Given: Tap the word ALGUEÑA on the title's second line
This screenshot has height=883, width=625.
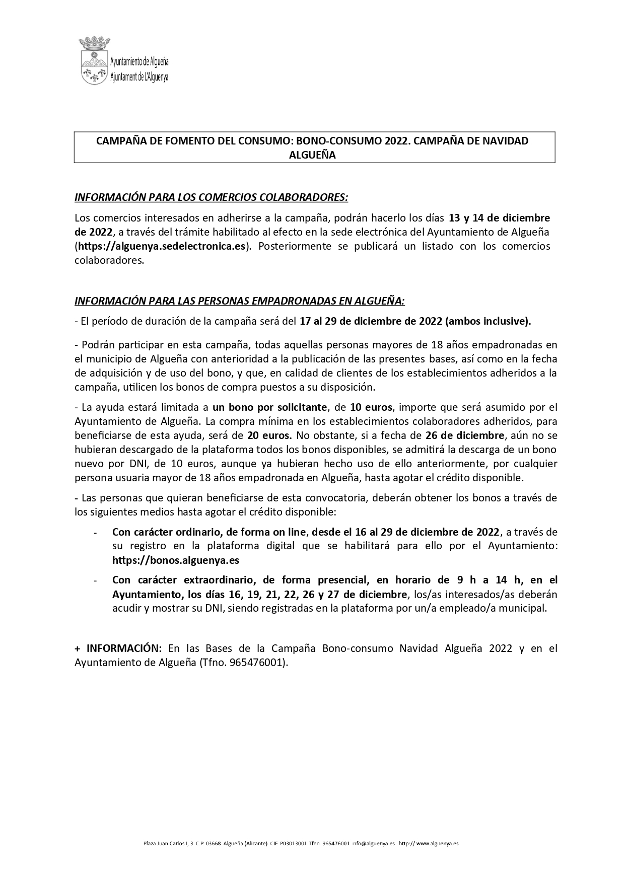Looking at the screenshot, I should [x=312, y=155].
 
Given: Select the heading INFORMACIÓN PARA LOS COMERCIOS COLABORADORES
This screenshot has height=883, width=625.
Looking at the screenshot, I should [x=211, y=197].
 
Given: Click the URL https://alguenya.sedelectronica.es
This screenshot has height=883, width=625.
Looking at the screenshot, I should [x=161, y=246].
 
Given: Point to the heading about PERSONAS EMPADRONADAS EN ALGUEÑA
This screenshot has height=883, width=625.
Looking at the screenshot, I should [x=240, y=301].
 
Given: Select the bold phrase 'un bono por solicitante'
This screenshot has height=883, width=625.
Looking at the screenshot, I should [x=270, y=407].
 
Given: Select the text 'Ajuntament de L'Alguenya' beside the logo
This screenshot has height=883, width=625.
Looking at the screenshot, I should [x=140, y=77].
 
